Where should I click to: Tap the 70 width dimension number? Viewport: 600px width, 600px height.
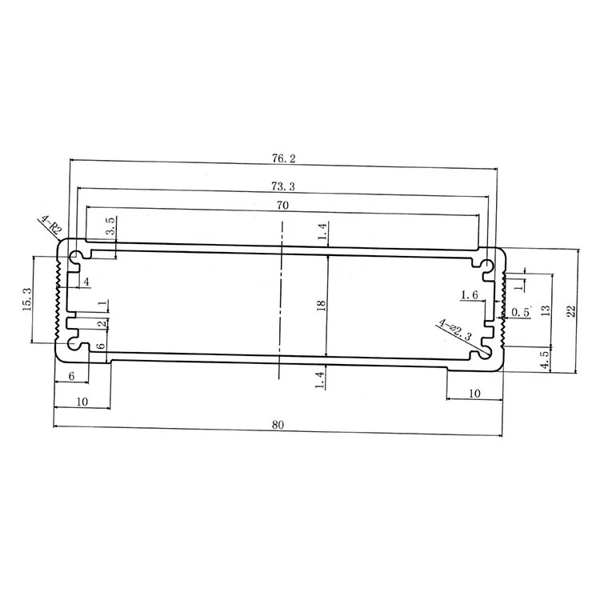(x=283, y=206)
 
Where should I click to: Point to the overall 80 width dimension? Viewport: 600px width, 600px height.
(x=278, y=424)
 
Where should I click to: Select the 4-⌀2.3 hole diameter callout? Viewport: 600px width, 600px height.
(x=455, y=332)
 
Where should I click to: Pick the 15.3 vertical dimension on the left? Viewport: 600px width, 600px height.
(x=27, y=301)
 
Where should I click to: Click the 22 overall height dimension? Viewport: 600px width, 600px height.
(x=570, y=311)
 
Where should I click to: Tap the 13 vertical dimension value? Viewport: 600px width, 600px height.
(x=545, y=310)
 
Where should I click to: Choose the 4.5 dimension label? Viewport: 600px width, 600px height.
(x=545, y=360)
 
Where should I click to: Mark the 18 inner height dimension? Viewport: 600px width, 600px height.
(x=320, y=305)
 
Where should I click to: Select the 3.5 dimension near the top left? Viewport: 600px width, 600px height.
(x=110, y=226)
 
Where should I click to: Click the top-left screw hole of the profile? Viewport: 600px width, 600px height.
(x=76, y=258)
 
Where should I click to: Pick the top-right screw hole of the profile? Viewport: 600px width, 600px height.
(x=486, y=261)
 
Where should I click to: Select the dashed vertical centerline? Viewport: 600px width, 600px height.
(x=281, y=304)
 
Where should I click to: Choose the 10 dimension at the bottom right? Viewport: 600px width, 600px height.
(x=474, y=393)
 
